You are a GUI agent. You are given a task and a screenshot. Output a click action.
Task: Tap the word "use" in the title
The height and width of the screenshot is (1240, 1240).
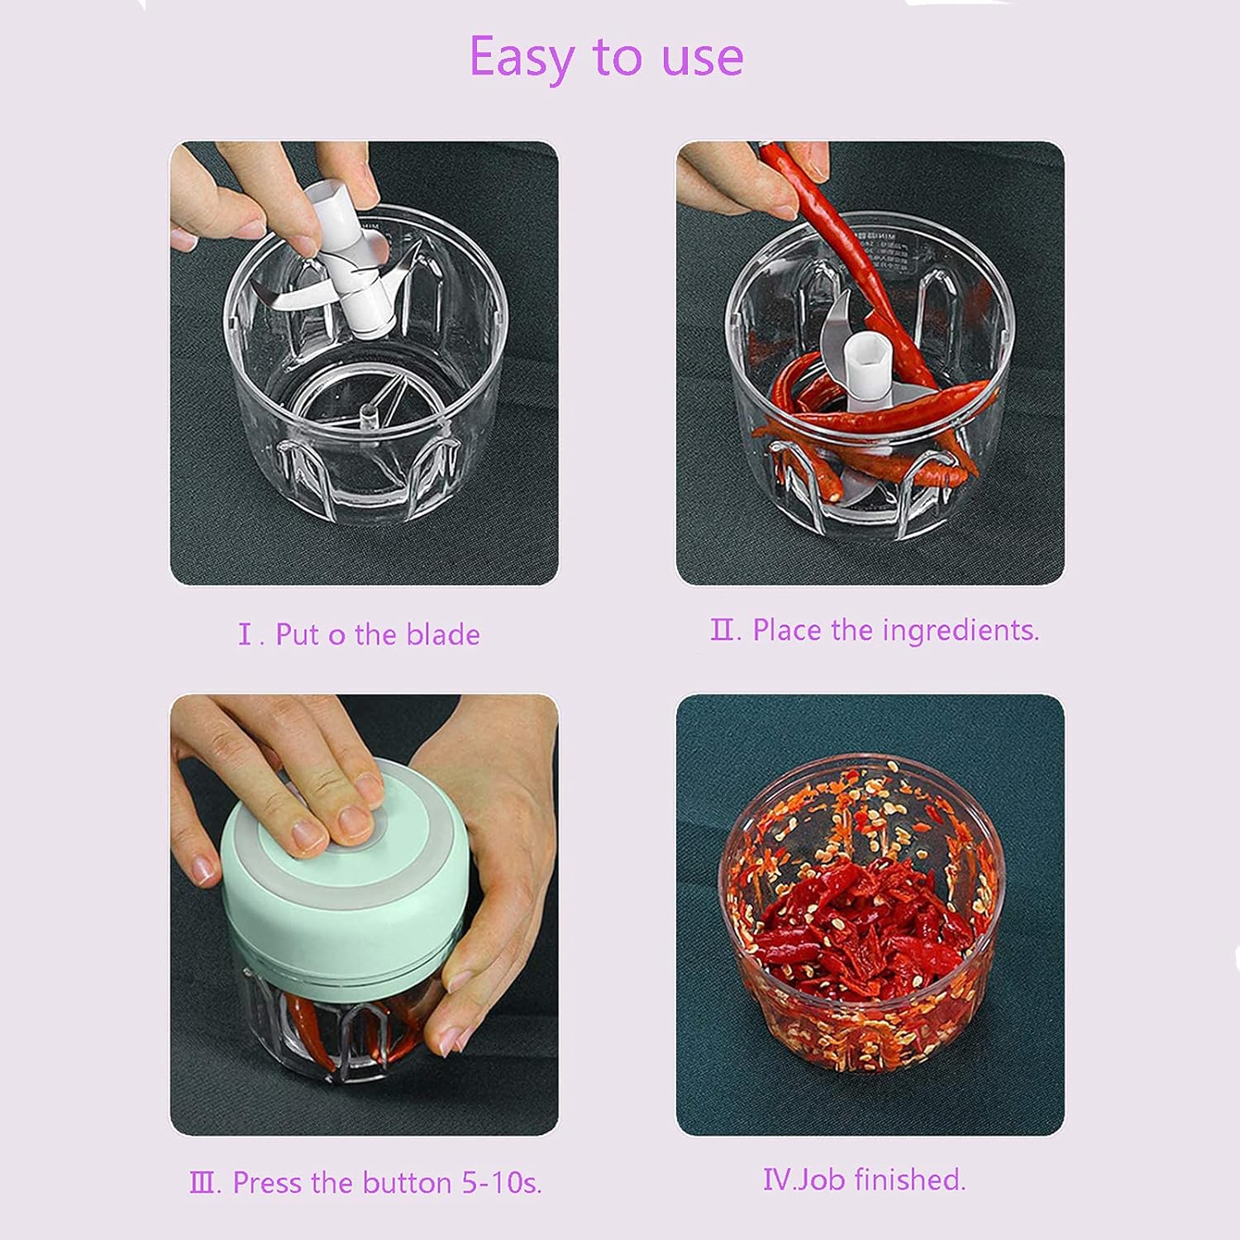pyautogui.click(x=702, y=58)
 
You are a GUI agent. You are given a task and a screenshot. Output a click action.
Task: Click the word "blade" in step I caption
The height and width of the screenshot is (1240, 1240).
pyautogui.click(x=443, y=635)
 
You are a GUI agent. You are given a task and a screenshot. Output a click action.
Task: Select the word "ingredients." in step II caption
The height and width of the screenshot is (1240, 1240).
pyautogui.click(x=961, y=631)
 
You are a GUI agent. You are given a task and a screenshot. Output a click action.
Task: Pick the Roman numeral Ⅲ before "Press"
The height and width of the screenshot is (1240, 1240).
pyautogui.click(x=204, y=1183)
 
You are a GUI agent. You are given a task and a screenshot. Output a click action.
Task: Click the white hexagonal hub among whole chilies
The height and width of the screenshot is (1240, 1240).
pyautogui.click(x=866, y=364)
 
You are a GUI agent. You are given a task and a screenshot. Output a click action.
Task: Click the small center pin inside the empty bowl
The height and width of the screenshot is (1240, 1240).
pyautogui.click(x=370, y=413)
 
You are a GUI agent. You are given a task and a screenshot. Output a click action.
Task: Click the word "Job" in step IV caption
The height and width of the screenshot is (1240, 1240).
pyautogui.click(x=819, y=1180)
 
